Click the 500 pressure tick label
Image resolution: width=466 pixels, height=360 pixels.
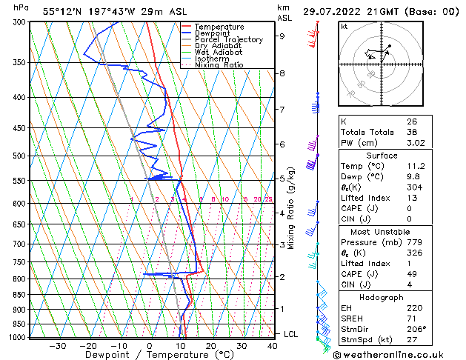tap(21, 156)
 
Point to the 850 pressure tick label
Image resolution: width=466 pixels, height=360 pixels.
tap(21, 294)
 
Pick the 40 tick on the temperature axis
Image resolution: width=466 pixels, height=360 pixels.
tap(273, 345)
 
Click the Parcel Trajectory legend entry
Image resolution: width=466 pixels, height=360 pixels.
tap(228, 39)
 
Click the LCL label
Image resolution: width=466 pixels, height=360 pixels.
tap(291, 334)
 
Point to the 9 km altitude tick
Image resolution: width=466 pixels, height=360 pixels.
tap(282, 36)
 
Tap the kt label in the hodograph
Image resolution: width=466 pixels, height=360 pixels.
tap(344, 26)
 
